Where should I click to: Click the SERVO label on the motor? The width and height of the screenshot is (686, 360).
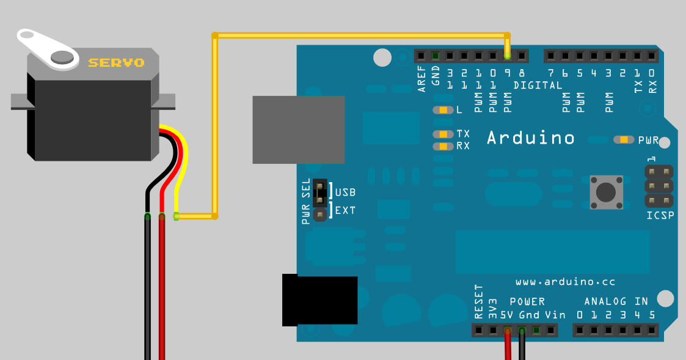point(116,62)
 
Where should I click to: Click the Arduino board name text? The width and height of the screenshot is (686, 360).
point(530,138)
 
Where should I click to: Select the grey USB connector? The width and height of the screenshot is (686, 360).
point(298,130)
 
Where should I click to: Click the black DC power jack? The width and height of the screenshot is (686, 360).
point(319,301)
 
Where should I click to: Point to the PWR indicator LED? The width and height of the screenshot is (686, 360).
point(624,140)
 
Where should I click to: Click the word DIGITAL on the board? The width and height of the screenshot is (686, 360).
point(538,86)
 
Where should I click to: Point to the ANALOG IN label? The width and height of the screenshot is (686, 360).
point(616,301)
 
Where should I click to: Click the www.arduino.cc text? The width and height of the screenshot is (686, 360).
point(565,282)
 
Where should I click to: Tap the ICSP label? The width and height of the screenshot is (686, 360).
point(660,216)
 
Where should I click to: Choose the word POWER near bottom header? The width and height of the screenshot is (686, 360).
point(527,302)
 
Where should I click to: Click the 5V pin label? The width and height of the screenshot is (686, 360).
point(507,315)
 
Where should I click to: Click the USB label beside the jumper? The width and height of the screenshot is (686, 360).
point(345,193)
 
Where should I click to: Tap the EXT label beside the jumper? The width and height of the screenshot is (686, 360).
point(345,211)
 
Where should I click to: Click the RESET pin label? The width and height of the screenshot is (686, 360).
point(479,302)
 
